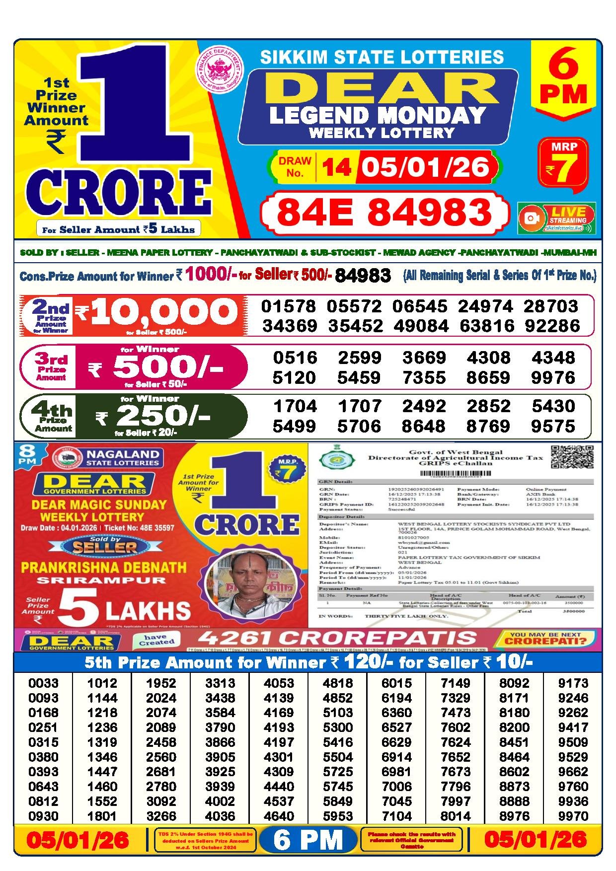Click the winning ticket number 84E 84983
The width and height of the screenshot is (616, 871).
384,212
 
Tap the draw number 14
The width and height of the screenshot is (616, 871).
336,167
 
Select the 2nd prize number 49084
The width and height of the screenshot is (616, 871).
420,326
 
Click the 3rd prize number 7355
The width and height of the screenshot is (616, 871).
424,377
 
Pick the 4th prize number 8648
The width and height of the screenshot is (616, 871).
424,426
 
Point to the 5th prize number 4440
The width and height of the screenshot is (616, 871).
279,787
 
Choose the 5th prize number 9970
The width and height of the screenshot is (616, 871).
573,816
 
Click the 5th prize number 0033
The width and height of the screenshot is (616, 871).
43,683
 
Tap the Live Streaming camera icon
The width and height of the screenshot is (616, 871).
532,218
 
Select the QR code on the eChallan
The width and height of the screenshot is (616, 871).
572,457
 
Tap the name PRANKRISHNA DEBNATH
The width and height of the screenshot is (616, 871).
103,567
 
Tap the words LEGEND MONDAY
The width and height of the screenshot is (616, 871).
378,115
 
